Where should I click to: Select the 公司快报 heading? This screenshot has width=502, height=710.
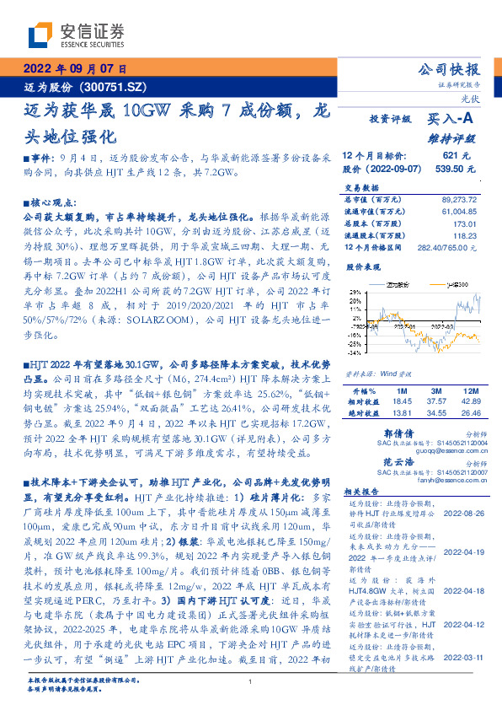tap(450, 70)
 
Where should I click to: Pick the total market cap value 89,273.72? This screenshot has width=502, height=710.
tap(465, 199)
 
